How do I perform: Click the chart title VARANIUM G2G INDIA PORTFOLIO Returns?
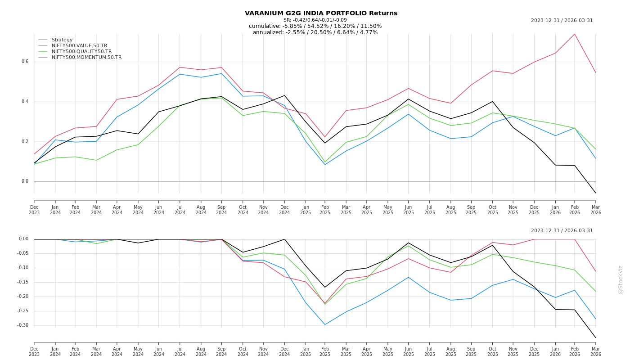tap(321, 13)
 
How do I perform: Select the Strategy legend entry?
tap(62, 40)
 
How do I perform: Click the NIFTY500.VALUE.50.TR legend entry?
tap(79, 45)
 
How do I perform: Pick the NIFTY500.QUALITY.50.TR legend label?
tap(81, 51)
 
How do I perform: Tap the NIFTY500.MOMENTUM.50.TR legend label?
tap(86, 57)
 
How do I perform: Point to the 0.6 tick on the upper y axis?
tap(25, 62)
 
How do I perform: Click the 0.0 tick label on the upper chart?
tap(25, 181)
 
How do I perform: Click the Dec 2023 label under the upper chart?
tap(34, 210)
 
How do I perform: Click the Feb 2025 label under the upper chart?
tap(325, 210)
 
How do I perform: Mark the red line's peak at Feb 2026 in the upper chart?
tap(575, 34)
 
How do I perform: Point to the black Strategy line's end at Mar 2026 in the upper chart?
tap(595, 193)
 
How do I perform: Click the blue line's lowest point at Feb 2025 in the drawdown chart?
tap(325, 324)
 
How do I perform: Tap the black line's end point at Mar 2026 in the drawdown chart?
tap(595, 337)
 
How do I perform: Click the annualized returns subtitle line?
tap(315, 32)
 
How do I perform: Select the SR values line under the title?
tap(315, 20)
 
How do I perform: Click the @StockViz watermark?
tap(621, 279)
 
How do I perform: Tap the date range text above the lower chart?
tap(562, 230)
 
